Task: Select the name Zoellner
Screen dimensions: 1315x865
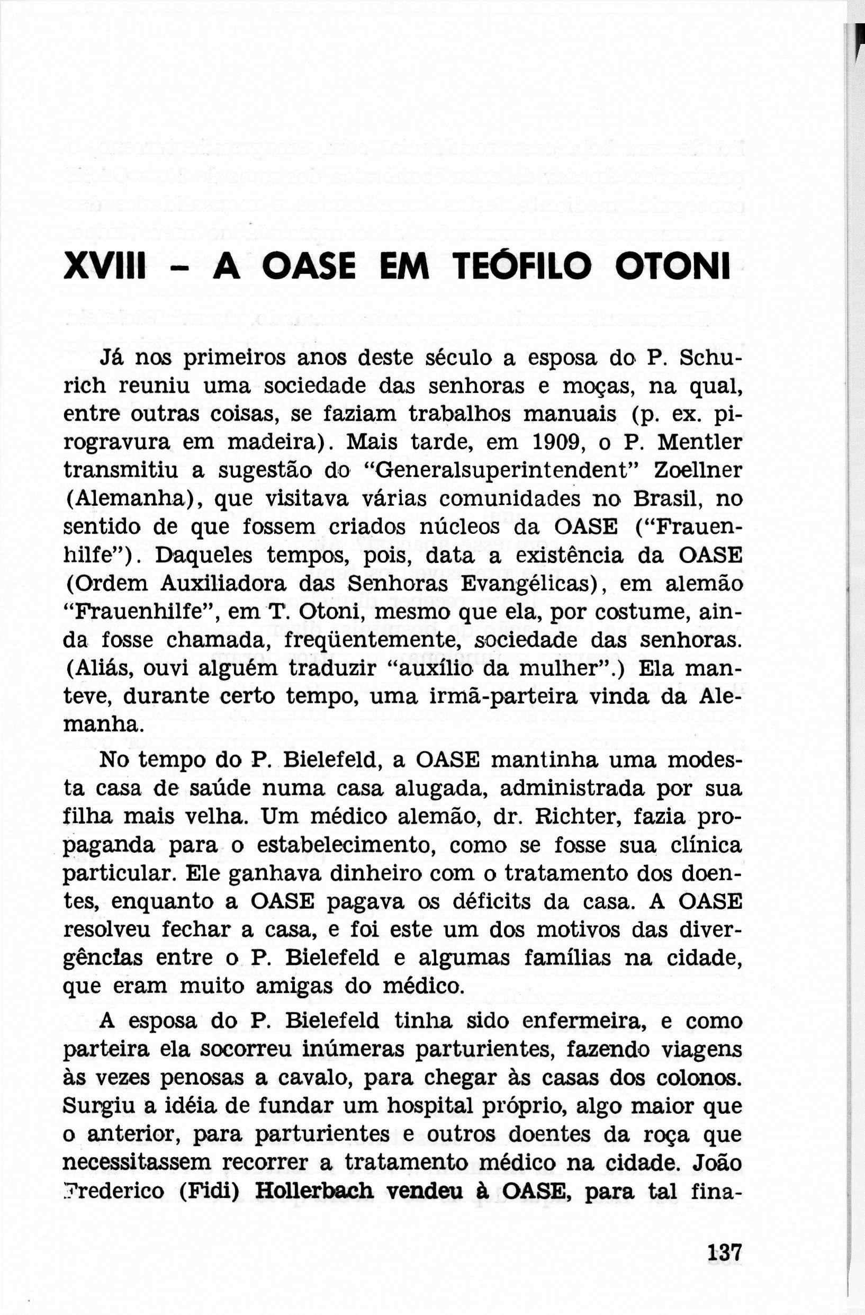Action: pos(698,471)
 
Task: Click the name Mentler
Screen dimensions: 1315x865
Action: pos(700,443)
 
